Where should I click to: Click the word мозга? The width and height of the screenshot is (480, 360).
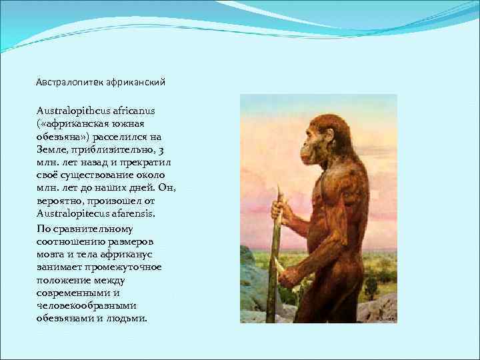(49, 255)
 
